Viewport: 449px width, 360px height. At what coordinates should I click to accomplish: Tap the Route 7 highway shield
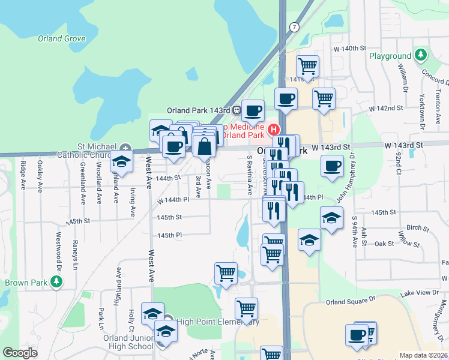pyautogui.click(x=294, y=27)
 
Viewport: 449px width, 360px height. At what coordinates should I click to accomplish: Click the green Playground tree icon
pyautogui.click(x=420, y=56)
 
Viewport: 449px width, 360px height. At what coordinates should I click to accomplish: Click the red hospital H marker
pyautogui.click(x=273, y=129)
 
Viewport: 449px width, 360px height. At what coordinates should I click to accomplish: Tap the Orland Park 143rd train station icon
pyautogui.click(x=238, y=110)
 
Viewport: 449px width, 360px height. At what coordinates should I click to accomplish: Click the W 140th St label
pyautogui.click(x=350, y=48)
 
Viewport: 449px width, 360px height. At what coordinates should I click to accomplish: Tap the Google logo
pyautogui.click(x=20, y=353)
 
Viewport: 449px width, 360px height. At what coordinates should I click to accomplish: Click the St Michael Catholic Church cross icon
pyautogui.click(x=125, y=146)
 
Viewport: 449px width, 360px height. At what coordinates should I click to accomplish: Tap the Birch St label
pyautogui.click(x=415, y=227)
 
